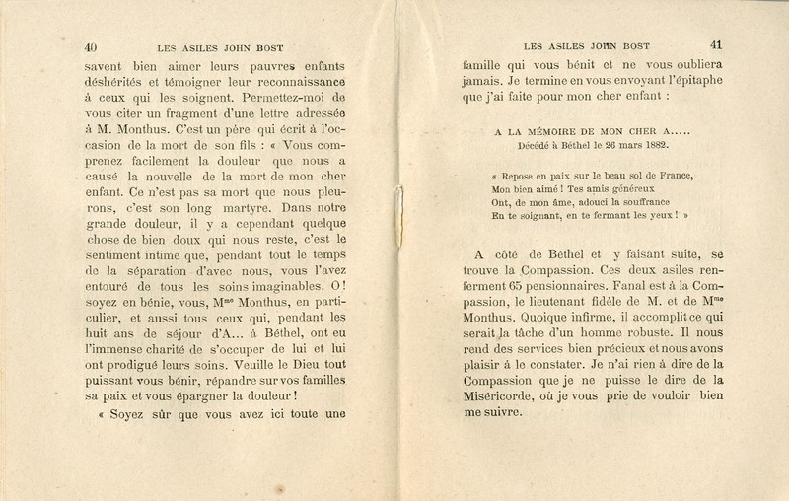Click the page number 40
91,44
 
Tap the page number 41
716,44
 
